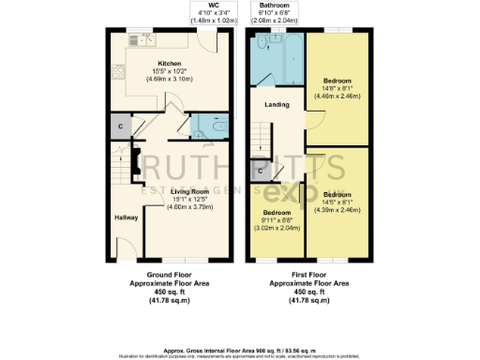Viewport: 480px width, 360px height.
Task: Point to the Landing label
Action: pyautogui.click(x=276, y=105)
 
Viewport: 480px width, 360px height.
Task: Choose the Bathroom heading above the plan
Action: pyautogui.click(x=275, y=5)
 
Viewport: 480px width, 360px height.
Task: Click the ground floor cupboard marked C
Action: pyautogui.click(x=120, y=126)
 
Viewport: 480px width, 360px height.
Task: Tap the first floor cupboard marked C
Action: pyautogui.click(x=260, y=171)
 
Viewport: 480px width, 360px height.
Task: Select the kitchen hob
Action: pyautogui.click(x=118, y=71)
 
